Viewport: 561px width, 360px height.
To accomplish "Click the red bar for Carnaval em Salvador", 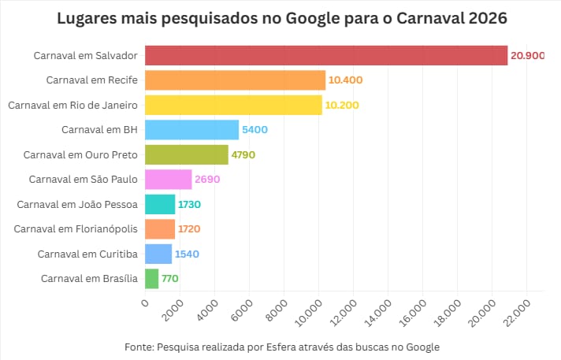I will click(325, 55).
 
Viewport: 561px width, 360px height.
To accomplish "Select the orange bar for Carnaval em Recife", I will click(234, 80).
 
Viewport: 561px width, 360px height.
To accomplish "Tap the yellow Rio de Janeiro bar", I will click(232, 105).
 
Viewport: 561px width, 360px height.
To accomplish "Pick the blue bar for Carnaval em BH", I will click(191, 129).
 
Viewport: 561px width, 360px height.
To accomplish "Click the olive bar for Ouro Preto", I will click(185, 154).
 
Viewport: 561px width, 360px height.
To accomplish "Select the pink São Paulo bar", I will click(167, 179).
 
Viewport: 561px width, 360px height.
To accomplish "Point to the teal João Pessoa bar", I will click(158, 204).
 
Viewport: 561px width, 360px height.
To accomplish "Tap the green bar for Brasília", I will click(150, 278).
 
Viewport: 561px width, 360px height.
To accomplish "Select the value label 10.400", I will click(346, 80).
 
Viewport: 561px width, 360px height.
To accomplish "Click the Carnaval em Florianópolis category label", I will click(76, 229).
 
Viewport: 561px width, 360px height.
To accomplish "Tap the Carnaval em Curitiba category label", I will click(87, 254).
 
